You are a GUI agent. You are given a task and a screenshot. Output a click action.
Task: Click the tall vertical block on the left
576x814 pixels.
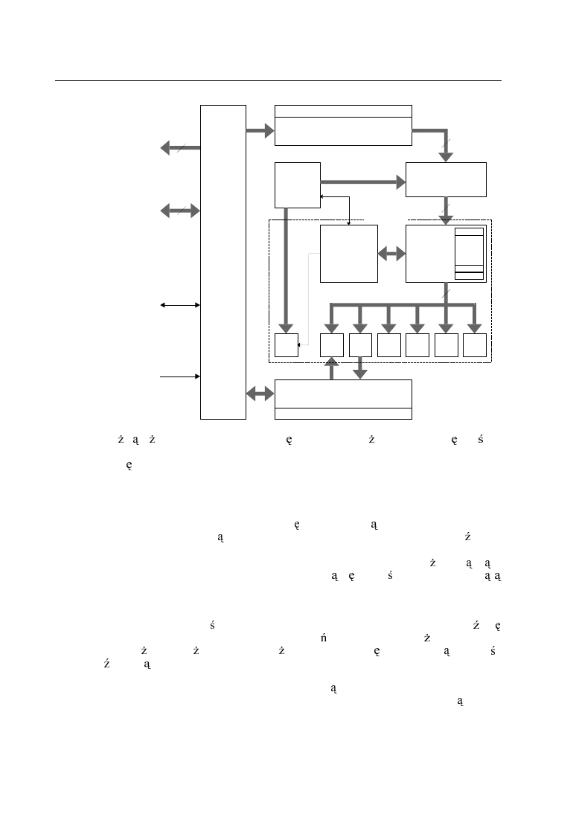[x=223, y=262]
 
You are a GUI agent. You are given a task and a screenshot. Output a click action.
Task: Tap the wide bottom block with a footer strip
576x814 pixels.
[x=343, y=399]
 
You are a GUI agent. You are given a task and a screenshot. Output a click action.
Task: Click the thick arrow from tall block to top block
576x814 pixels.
[x=260, y=131]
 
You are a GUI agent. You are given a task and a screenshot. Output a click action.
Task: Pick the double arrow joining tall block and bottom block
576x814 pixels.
[x=260, y=394]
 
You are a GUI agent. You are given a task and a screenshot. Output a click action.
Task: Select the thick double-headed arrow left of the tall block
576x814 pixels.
[x=180, y=211]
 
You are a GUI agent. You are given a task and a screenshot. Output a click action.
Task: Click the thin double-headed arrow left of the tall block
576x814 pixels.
[x=180, y=305]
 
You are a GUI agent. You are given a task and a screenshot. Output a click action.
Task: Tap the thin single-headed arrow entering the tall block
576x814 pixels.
[x=180, y=376]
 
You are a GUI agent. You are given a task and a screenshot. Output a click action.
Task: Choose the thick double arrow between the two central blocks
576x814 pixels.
[x=391, y=254]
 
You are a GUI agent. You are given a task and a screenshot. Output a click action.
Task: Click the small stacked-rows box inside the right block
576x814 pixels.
[x=469, y=254]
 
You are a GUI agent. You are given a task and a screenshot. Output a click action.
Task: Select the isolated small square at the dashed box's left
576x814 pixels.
[x=286, y=345]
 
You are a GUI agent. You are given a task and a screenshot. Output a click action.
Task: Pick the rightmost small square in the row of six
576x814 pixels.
[x=474, y=345]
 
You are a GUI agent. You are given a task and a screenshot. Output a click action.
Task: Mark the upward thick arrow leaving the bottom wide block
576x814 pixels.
[x=332, y=368]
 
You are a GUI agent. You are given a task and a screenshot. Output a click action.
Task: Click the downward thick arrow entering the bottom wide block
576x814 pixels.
[x=360, y=368]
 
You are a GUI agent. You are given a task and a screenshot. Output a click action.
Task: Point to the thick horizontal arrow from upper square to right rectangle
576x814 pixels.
[x=362, y=181]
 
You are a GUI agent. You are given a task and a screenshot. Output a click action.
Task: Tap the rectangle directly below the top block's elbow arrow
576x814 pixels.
[x=446, y=179]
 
